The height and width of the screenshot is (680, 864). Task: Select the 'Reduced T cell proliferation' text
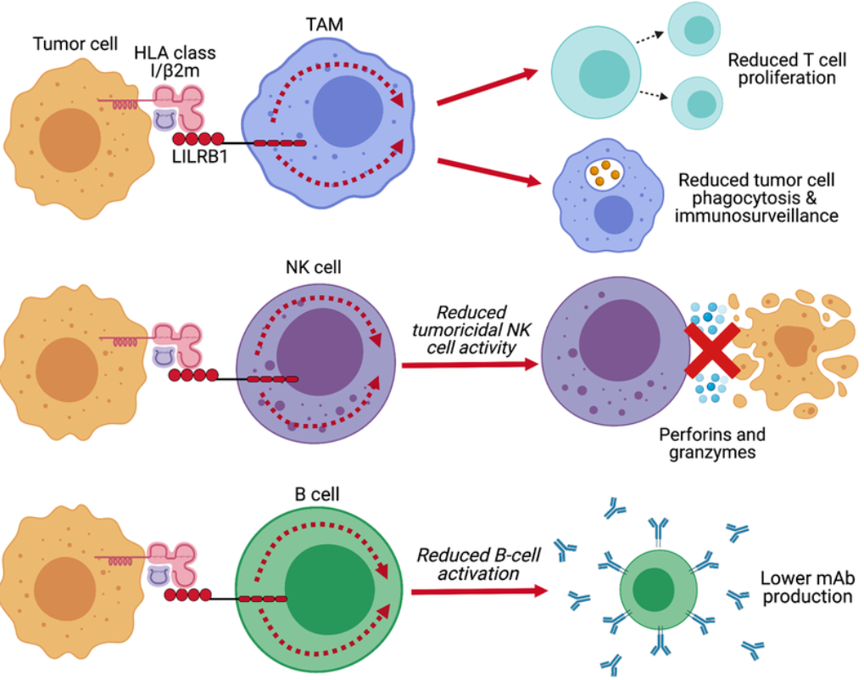pos(781,69)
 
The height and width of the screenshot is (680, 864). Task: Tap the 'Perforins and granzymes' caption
pos(712,443)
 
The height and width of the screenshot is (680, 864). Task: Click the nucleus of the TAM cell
pos(351,112)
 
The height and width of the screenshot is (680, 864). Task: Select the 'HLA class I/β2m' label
pos(176,61)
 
